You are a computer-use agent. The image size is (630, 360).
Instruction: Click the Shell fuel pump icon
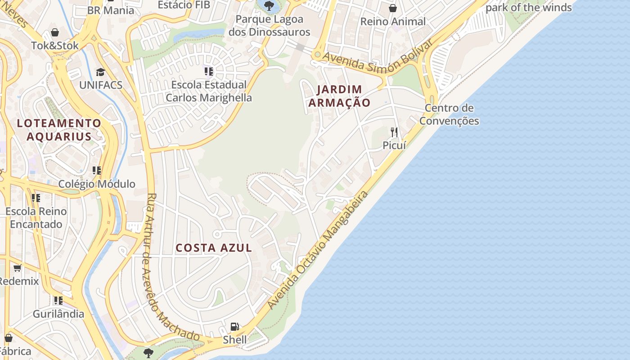click(234, 327)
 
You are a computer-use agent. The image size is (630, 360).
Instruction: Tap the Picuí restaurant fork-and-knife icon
click(394, 132)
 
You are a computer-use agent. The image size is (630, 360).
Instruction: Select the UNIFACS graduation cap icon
click(100, 72)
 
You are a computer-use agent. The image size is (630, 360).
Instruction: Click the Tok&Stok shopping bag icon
click(55, 32)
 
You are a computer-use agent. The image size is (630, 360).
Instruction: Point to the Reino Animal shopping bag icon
click(393, 8)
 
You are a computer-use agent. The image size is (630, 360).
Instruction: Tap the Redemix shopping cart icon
click(18, 268)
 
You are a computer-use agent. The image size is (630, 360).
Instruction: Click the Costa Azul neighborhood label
click(214, 248)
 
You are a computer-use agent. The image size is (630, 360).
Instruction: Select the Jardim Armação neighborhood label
click(339, 96)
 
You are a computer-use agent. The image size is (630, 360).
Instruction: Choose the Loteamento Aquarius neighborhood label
click(59, 130)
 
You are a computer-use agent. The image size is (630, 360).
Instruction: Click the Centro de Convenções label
click(449, 114)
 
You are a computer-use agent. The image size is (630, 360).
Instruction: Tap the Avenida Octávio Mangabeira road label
click(318, 250)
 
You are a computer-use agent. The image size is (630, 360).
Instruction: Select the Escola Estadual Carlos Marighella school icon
click(208, 72)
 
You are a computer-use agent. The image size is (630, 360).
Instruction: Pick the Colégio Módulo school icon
click(96, 171)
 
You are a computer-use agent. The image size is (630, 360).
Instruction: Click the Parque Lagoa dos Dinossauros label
click(269, 26)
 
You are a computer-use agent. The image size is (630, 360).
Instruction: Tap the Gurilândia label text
click(58, 314)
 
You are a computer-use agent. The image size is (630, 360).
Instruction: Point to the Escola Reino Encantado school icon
click(36, 198)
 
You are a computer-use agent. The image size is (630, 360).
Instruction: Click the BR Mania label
click(111, 10)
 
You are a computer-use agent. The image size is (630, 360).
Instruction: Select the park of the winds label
click(529, 7)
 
